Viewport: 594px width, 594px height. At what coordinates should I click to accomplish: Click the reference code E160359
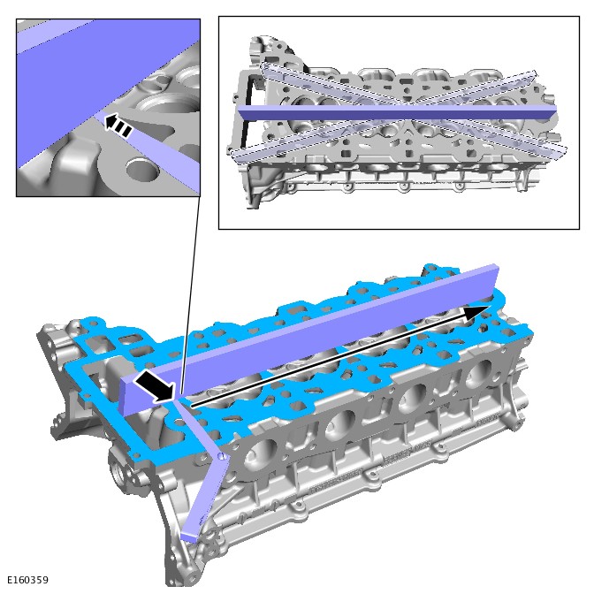click(28, 580)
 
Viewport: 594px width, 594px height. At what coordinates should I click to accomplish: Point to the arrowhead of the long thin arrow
click(476, 312)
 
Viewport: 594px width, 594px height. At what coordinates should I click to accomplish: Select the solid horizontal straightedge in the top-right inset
click(397, 112)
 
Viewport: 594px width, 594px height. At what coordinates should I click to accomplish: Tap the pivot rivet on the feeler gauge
click(223, 455)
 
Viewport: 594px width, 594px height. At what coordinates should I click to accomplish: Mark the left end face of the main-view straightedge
click(125, 395)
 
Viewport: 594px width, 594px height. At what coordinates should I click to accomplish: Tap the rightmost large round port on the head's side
click(479, 374)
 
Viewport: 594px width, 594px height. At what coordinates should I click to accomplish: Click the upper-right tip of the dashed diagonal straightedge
click(533, 74)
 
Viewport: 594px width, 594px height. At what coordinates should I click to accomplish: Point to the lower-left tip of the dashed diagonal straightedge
click(234, 155)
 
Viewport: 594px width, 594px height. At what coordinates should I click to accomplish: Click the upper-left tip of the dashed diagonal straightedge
click(263, 66)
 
